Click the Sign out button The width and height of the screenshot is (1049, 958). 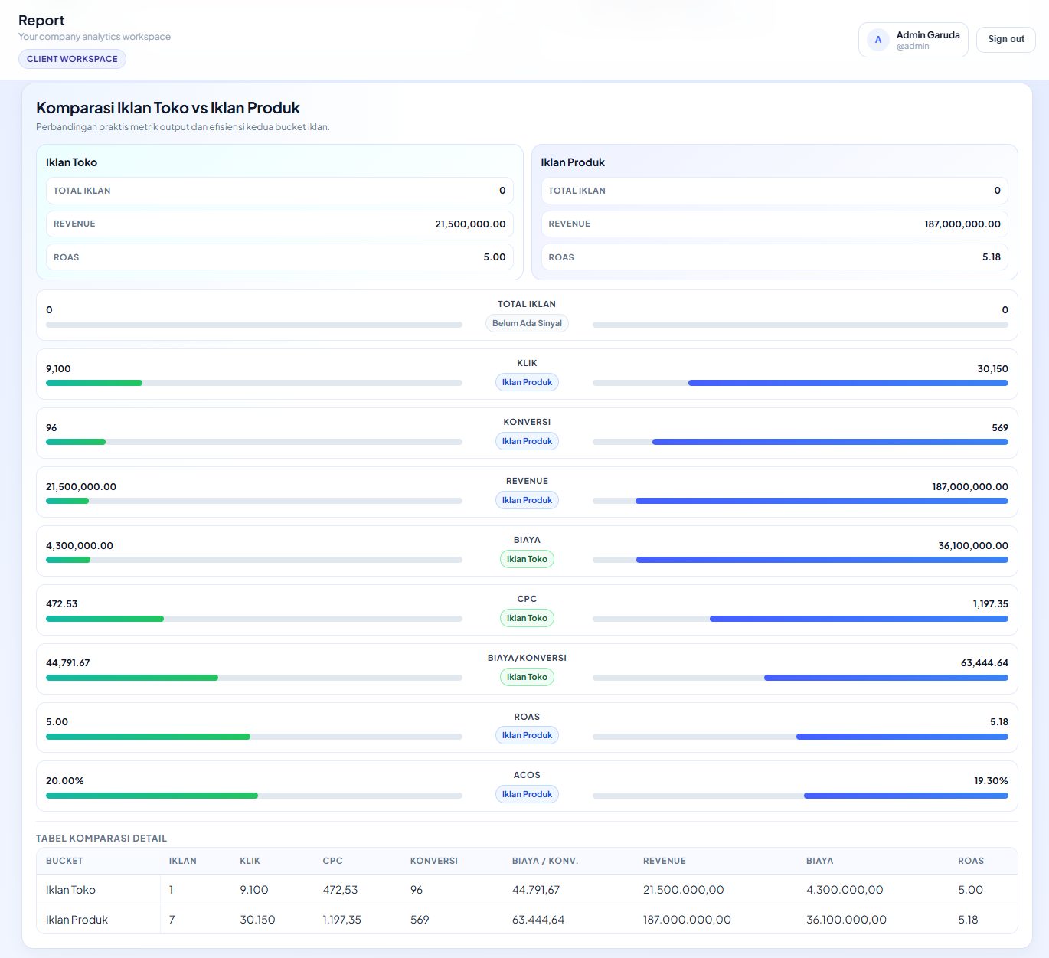[1005, 39]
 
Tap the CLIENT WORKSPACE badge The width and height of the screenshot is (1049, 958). [72, 59]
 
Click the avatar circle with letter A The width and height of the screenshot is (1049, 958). [877, 40]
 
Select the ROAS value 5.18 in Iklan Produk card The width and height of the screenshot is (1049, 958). [991, 257]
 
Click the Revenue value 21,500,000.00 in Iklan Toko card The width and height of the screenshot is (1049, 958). [470, 224]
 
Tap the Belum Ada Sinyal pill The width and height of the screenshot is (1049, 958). [527, 323]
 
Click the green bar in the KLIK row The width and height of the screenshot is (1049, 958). [94, 383]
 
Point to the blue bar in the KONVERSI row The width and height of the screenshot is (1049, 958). [830, 442]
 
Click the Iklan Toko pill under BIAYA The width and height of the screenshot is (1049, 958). [527, 559]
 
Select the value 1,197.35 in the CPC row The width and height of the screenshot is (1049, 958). [990, 604]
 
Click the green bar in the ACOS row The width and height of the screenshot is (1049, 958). [152, 796]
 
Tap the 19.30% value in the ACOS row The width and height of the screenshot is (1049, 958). [990, 781]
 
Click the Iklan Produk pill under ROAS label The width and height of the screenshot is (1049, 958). [527, 735]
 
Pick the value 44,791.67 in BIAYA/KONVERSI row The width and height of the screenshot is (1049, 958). [68, 663]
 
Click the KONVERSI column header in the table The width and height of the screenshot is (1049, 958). [433, 861]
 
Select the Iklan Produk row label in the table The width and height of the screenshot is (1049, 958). [77, 920]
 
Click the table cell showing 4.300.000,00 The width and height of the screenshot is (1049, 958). [845, 890]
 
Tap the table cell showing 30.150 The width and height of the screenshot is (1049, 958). [257, 920]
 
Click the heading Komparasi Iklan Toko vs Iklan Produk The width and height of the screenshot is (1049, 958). [168, 108]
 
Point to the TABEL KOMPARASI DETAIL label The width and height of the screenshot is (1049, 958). [101, 839]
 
